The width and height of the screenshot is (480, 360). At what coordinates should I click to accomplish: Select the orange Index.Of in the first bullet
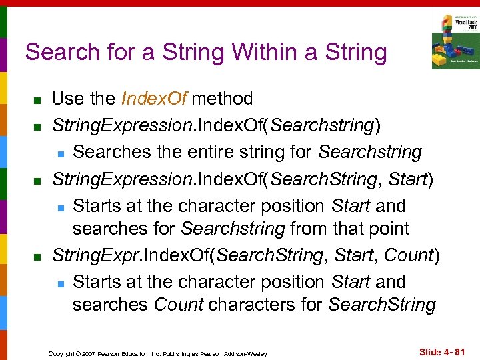156,99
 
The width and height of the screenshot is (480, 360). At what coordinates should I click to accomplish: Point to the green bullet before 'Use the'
39,100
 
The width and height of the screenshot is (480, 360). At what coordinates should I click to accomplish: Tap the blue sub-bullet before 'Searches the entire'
59,153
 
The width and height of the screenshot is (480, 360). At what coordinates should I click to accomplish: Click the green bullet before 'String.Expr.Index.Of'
39,256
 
